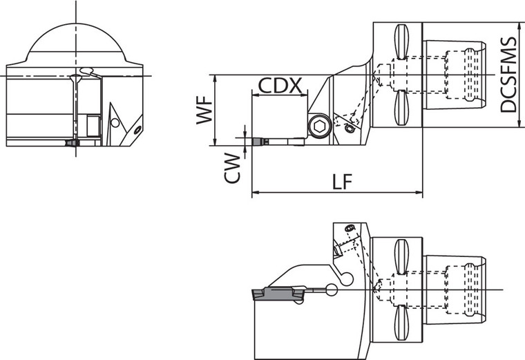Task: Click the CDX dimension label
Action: (x=280, y=86)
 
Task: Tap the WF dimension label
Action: (x=204, y=111)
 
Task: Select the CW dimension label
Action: (x=233, y=169)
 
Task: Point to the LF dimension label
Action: (x=341, y=182)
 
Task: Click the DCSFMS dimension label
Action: (x=508, y=75)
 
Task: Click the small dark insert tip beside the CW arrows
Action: (x=260, y=142)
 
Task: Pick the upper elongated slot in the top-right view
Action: (x=401, y=41)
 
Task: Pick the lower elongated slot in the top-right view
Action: (x=401, y=108)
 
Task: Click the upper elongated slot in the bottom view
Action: (x=401, y=256)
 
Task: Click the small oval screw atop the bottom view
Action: (x=349, y=229)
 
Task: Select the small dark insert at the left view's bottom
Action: (x=72, y=143)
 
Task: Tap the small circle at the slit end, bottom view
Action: (x=332, y=291)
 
